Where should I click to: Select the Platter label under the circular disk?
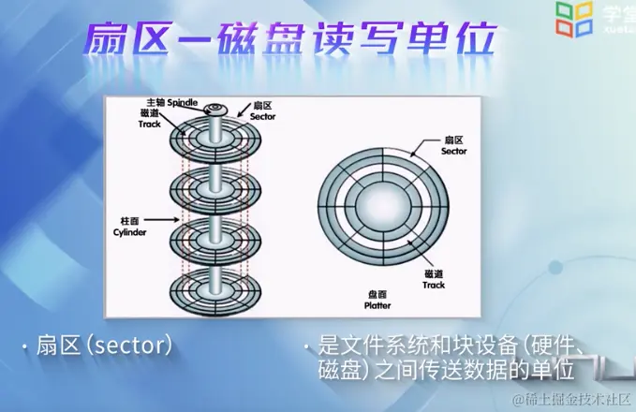[377, 305]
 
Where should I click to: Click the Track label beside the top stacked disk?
[151, 124]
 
